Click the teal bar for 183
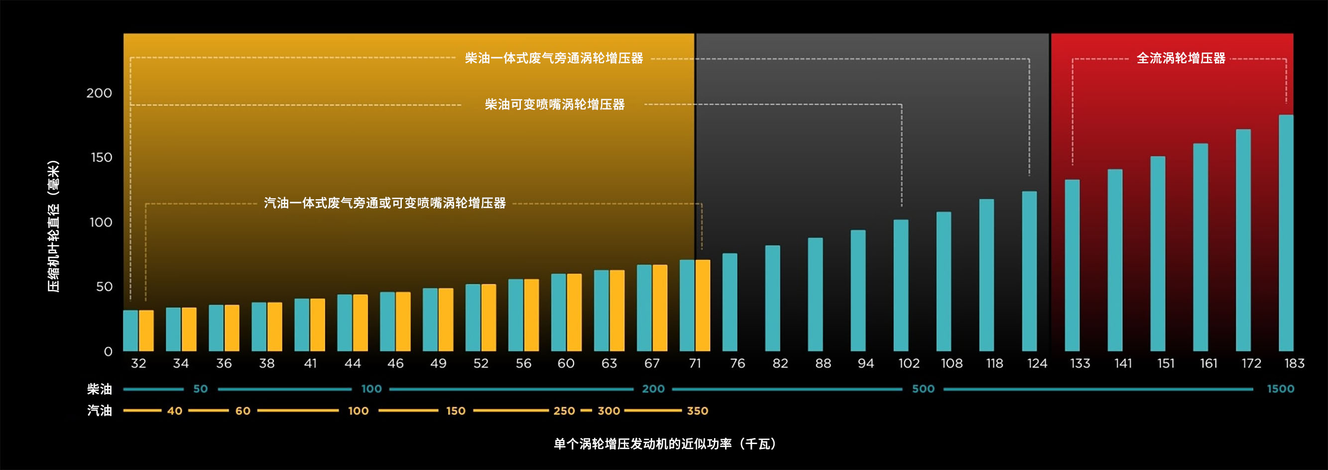coord(1286,233)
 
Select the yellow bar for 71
coord(703,306)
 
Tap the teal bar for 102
coord(901,285)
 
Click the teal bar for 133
coord(1072,265)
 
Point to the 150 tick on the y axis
coord(101,158)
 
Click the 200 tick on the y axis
coord(99,93)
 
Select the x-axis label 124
coord(1037,364)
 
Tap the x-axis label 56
coord(523,364)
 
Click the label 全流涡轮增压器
coord(1181,58)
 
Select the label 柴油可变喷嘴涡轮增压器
coord(555,105)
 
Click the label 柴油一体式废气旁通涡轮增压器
coord(554,58)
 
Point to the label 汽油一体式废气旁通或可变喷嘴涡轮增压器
coord(384,203)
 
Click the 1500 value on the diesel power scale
coord(1281,389)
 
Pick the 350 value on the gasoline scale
coord(698,411)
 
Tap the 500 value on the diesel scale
coord(923,389)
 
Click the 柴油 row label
coord(100,389)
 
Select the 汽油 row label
coord(100,411)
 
